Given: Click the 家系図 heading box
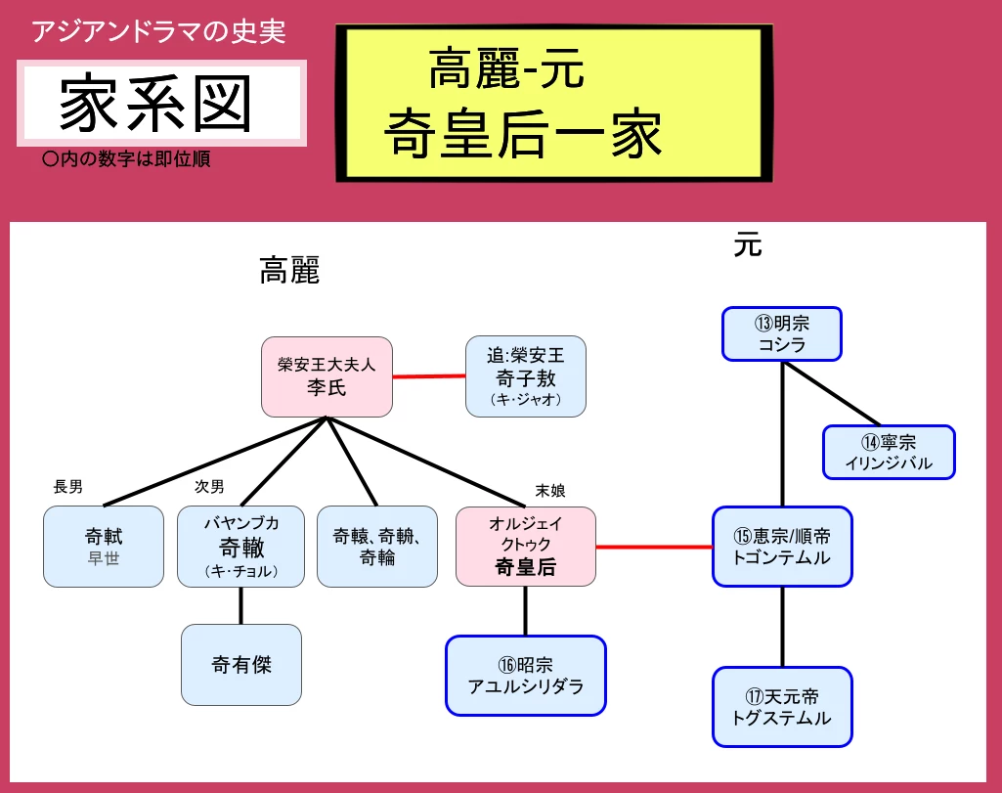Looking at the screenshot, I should tap(161, 103).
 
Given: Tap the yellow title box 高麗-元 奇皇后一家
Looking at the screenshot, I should tap(549, 104).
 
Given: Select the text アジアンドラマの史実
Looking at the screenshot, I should tap(158, 32).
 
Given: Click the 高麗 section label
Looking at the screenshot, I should tap(289, 271).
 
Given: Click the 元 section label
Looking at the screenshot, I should tap(748, 245).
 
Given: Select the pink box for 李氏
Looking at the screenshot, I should tap(327, 376).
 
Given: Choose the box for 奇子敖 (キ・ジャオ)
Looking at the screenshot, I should tap(525, 376).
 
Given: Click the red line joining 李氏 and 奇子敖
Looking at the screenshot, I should tap(428, 375).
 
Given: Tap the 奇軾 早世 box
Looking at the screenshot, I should tap(104, 547).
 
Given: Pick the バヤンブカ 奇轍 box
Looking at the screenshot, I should tap(240, 547).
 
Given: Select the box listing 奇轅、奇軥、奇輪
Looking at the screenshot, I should tap(376, 547).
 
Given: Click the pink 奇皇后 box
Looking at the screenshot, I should tap(526, 547).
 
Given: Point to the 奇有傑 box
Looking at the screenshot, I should tap(241, 665).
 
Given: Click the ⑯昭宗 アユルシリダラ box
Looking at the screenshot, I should tap(526, 676).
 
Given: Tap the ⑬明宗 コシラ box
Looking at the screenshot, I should tap(782, 333).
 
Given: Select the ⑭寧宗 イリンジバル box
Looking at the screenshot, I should tap(889, 452).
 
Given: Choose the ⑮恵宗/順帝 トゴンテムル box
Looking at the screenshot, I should tap(782, 547).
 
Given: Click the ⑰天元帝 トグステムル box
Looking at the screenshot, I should tap(782, 707).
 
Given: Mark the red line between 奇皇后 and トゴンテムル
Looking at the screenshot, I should tap(654, 547).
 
